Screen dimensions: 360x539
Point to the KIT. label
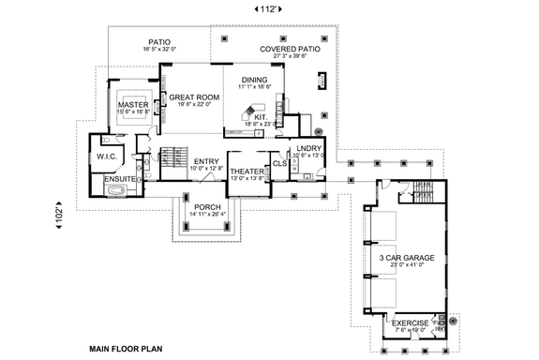[261, 117]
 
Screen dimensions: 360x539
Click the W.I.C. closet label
[104, 157]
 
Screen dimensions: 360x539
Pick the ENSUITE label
[119, 178]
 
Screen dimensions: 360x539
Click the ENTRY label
[206, 161]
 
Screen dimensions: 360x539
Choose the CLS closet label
[279, 164]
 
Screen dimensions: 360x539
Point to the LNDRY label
[308, 149]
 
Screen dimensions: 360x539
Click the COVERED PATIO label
[293, 48]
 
